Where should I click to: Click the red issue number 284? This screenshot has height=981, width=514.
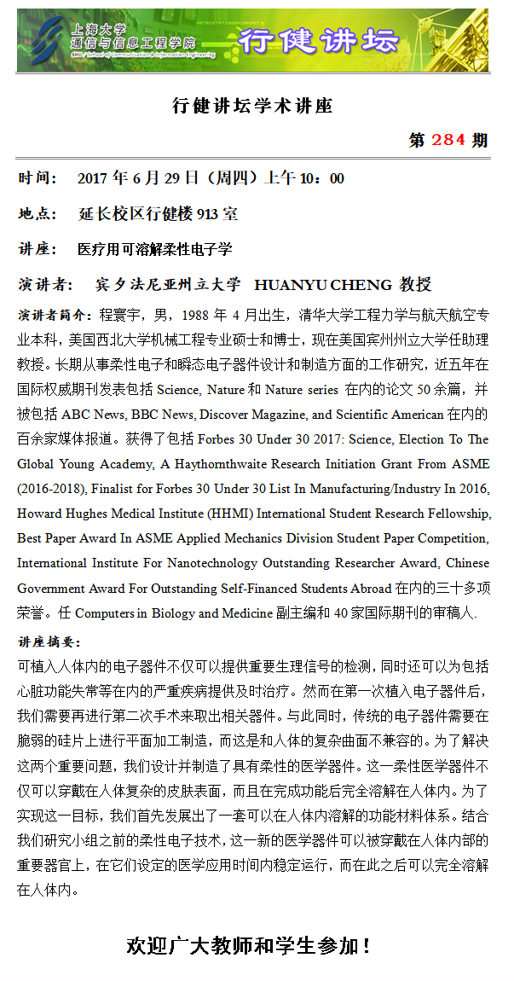click(448, 140)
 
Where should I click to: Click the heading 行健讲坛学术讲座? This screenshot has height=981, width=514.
click(252, 107)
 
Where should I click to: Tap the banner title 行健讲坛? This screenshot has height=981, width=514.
click(318, 40)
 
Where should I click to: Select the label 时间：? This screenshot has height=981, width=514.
click(38, 178)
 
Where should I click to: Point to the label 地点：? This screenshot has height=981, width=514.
click(38, 213)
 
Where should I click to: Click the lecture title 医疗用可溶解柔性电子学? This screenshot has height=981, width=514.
click(154, 249)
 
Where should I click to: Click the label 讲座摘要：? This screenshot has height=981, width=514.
click(49, 642)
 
